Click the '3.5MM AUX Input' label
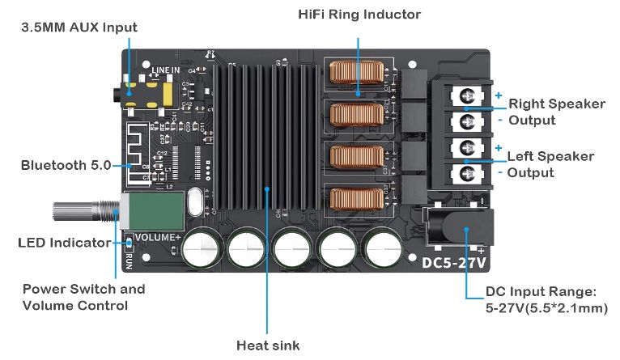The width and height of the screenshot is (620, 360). (x=79, y=28)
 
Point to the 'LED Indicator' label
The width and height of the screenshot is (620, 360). (x=64, y=243)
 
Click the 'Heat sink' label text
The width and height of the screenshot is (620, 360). (x=268, y=345)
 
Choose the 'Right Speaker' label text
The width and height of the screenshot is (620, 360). (x=556, y=104)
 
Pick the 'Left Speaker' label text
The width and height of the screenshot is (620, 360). (x=550, y=156)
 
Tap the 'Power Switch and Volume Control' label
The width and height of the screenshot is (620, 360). (x=83, y=297)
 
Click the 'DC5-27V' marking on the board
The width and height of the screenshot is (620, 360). (x=452, y=262)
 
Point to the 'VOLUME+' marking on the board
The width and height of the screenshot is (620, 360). (x=156, y=237)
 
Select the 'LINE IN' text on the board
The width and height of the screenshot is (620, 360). (x=164, y=71)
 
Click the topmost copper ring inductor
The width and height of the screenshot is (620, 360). (x=356, y=75)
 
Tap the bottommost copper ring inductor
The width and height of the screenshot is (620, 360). (x=356, y=200)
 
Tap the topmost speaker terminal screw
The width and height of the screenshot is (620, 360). (x=467, y=96)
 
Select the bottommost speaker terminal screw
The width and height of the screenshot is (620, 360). (x=467, y=172)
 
